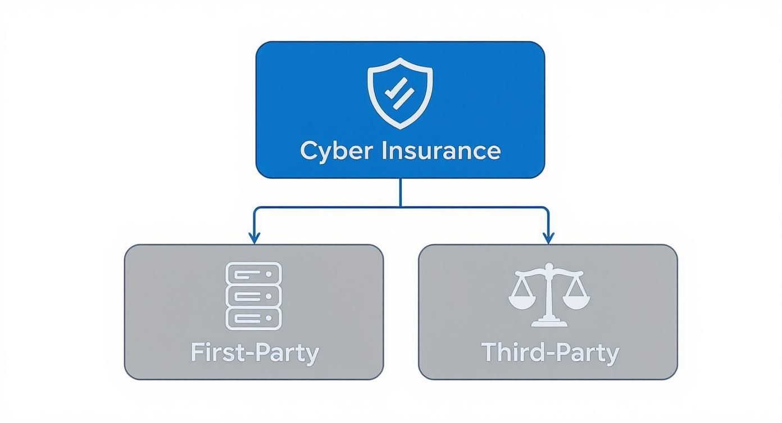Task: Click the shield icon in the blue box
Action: pos(400,92)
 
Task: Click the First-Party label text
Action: pos(254,353)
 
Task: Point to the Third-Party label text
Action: pos(550,353)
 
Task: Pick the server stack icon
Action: pos(253,296)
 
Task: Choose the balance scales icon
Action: pos(549,294)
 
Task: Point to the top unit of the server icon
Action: pos(253,273)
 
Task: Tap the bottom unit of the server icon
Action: pos(253,318)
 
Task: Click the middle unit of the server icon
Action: pos(253,296)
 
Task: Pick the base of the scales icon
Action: pos(549,322)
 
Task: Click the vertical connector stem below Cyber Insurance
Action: pos(400,192)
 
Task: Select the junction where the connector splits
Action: pos(400,208)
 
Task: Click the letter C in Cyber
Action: pos(310,151)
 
